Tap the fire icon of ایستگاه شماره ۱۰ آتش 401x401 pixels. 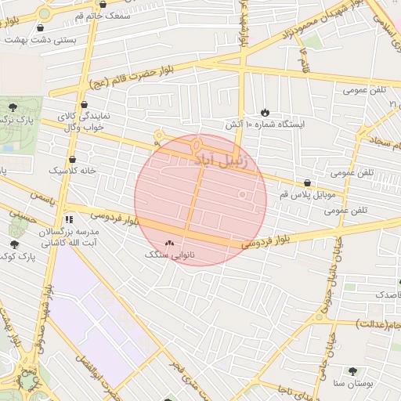tap(265, 112)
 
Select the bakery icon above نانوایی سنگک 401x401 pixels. tap(170, 244)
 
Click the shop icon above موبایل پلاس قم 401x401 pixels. tap(306, 182)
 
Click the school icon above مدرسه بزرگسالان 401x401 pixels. tap(69, 219)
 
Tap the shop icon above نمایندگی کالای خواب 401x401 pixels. tap(85, 104)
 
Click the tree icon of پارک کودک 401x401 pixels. tap(14, 244)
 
